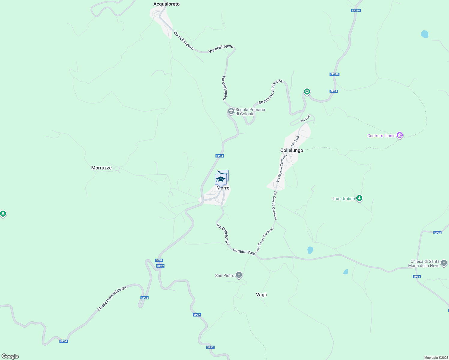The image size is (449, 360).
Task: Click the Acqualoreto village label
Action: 166,4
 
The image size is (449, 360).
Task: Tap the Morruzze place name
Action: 101,168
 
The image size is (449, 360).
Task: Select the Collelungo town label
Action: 291,150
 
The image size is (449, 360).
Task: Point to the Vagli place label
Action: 261,295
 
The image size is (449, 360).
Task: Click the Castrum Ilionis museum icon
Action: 399,136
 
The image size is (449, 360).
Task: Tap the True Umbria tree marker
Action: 359,198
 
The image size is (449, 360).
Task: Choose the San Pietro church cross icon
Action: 239,275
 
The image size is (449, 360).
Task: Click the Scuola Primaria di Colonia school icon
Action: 231,112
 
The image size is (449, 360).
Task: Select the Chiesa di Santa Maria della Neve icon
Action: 444,263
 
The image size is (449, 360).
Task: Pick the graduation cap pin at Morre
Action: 221,179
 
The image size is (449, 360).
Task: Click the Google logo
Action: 10,356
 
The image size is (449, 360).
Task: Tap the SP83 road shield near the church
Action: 417,277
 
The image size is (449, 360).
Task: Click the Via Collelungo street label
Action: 223,234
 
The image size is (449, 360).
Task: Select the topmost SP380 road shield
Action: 356,10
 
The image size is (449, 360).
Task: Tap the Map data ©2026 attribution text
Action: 436,358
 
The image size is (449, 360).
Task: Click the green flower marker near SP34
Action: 307,91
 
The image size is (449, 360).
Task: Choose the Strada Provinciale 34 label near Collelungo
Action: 270,92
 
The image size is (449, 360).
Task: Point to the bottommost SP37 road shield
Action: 210,347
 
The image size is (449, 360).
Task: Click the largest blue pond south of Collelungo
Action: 310,250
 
